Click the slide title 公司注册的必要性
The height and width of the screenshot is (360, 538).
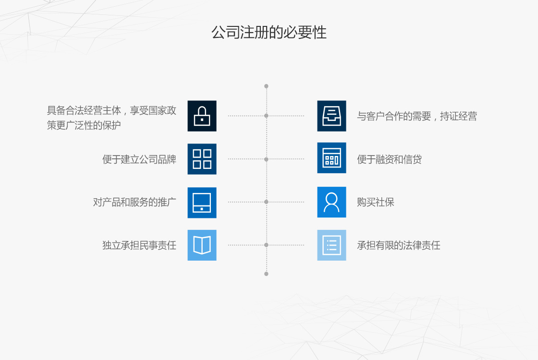coord(269,33)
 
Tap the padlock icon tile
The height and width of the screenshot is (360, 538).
coord(202,116)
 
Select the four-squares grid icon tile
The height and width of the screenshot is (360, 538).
coord(202,159)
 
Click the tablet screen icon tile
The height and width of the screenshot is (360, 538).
coord(202,203)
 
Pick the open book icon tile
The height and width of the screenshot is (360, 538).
coord(202,245)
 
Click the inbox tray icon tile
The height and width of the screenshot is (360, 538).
coord(331,116)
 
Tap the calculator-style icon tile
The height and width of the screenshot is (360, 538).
coord(331,158)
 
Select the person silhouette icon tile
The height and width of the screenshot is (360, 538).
coord(331,202)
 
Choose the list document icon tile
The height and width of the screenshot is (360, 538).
coord(331,245)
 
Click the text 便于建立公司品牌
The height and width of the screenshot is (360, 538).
coord(139,159)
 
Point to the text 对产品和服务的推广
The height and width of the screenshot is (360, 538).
coord(134,202)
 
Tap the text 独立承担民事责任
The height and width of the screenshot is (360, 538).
coord(139,245)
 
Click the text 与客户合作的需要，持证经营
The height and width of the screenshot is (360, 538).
coord(417,116)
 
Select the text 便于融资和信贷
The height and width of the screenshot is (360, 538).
coord(390,159)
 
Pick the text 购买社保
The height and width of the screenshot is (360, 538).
coord(375,202)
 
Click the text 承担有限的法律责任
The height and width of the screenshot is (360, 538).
coord(399,245)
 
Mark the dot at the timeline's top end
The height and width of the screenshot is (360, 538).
coord(266,86)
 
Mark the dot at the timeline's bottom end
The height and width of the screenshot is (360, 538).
coord(266,274)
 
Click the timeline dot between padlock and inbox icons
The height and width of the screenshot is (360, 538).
coord(266,116)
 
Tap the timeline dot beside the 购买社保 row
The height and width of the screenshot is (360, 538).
coord(266,202)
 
